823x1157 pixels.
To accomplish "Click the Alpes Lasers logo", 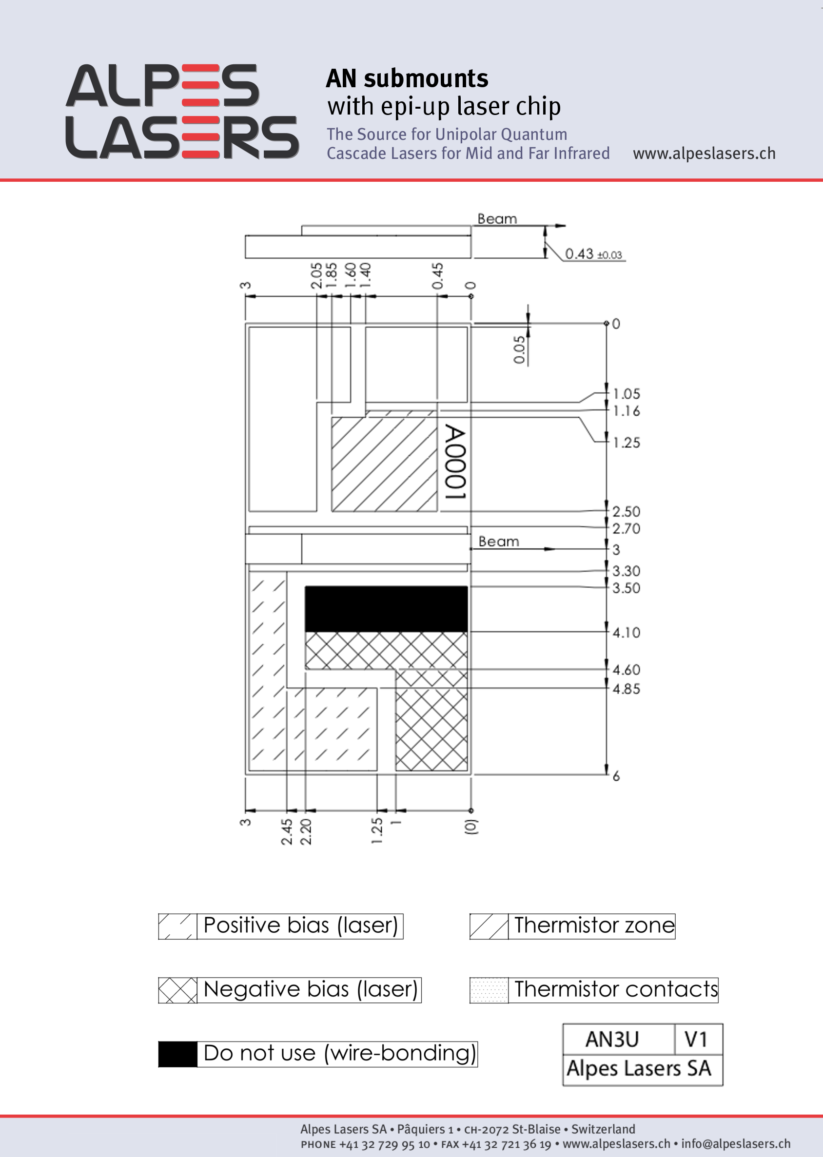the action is (x=182, y=112).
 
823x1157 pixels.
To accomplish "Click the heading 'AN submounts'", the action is (x=407, y=78).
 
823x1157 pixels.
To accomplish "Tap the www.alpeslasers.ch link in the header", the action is (x=704, y=153).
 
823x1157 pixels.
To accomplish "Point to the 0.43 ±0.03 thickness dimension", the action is (x=593, y=254).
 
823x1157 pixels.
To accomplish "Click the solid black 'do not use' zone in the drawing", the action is (x=386, y=609).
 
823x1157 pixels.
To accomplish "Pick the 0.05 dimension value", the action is (x=519, y=349).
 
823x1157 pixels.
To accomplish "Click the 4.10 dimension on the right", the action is (x=627, y=632).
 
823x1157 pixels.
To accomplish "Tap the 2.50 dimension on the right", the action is (x=627, y=511).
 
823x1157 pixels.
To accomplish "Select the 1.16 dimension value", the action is (x=627, y=411).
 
